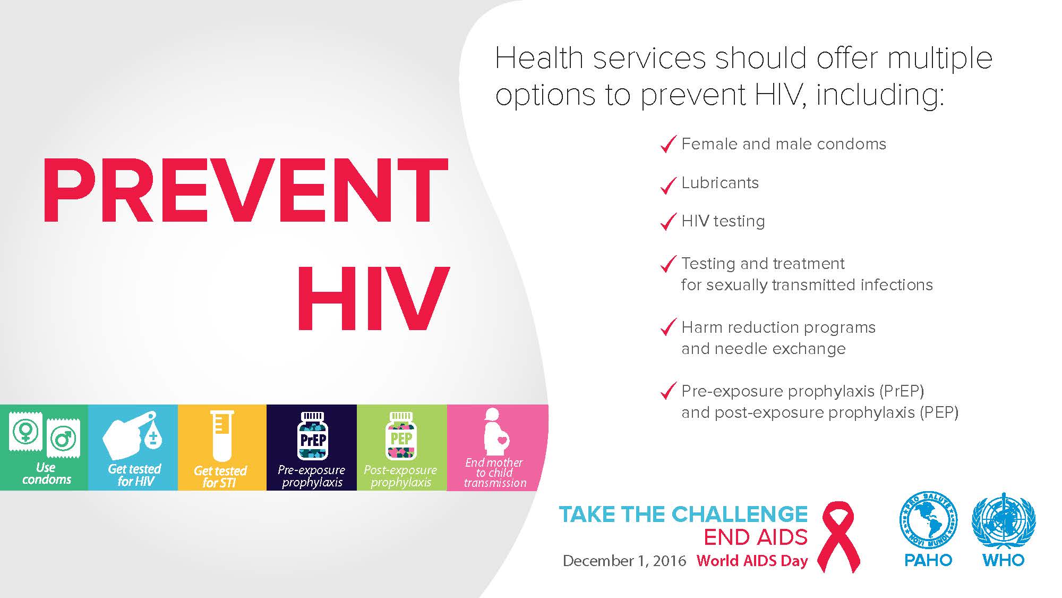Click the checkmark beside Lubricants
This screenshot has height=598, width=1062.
pyautogui.click(x=668, y=185)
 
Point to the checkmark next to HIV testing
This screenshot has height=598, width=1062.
pyautogui.click(x=668, y=222)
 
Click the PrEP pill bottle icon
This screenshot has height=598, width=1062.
pyautogui.click(x=313, y=435)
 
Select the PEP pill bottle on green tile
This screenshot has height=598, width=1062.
pyautogui.click(x=401, y=435)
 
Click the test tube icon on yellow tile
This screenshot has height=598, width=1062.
pyautogui.click(x=222, y=435)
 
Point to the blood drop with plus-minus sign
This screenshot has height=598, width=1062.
pyautogui.click(x=153, y=437)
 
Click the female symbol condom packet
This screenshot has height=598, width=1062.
pyautogui.click(x=25, y=431)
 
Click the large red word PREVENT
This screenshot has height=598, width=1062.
pyautogui.click(x=245, y=190)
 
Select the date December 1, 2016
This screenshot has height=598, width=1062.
pyautogui.click(x=624, y=561)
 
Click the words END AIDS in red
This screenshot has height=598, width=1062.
pyautogui.click(x=756, y=537)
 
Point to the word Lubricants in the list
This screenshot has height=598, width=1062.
pyautogui.click(x=720, y=183)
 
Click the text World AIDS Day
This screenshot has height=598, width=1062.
pyautogui.click(x=752, y=561)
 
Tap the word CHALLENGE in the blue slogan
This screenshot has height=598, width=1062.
pyautogui.click(x=740, y=514)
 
